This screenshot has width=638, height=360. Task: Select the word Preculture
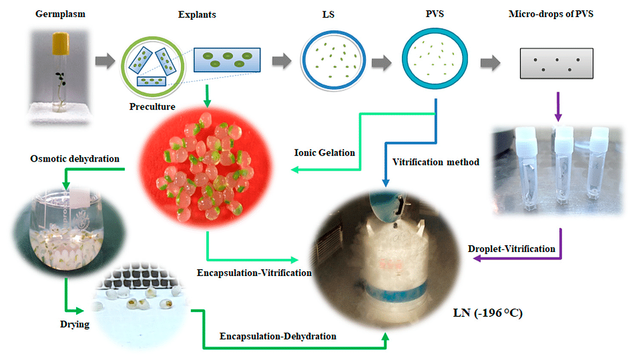152,106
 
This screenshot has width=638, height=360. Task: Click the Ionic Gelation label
324,153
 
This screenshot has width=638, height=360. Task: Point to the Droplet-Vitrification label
511,248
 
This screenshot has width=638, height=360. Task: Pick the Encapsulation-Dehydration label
278,336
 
